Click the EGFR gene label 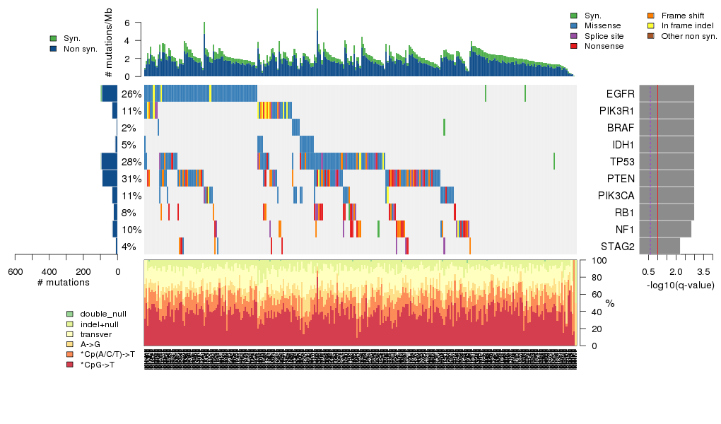click(620, 94)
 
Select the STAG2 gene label click(617, 247)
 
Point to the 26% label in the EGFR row click(131, 94)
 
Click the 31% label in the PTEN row click(131, 179)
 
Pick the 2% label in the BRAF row click(129, 128)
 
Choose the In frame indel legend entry click(686, 25)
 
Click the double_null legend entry click(102, 314)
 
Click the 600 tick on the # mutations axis click(16, 271)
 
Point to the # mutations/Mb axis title click(109, 44)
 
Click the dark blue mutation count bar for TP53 click(108, 162)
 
